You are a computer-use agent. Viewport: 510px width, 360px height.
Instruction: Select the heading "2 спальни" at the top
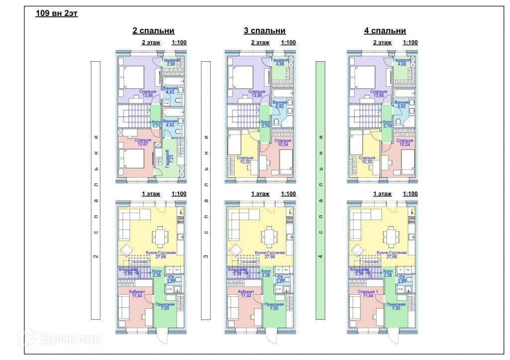click(153, 31)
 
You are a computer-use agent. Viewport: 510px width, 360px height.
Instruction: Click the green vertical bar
click(321, 190)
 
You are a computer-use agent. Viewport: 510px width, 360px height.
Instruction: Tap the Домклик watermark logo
click(60, 339)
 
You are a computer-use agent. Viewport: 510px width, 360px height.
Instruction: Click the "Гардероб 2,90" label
click(171, 62)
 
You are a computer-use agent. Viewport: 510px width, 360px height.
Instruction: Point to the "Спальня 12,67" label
click(142, 142)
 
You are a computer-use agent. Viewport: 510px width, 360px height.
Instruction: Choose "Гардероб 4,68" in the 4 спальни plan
click(402, 62)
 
